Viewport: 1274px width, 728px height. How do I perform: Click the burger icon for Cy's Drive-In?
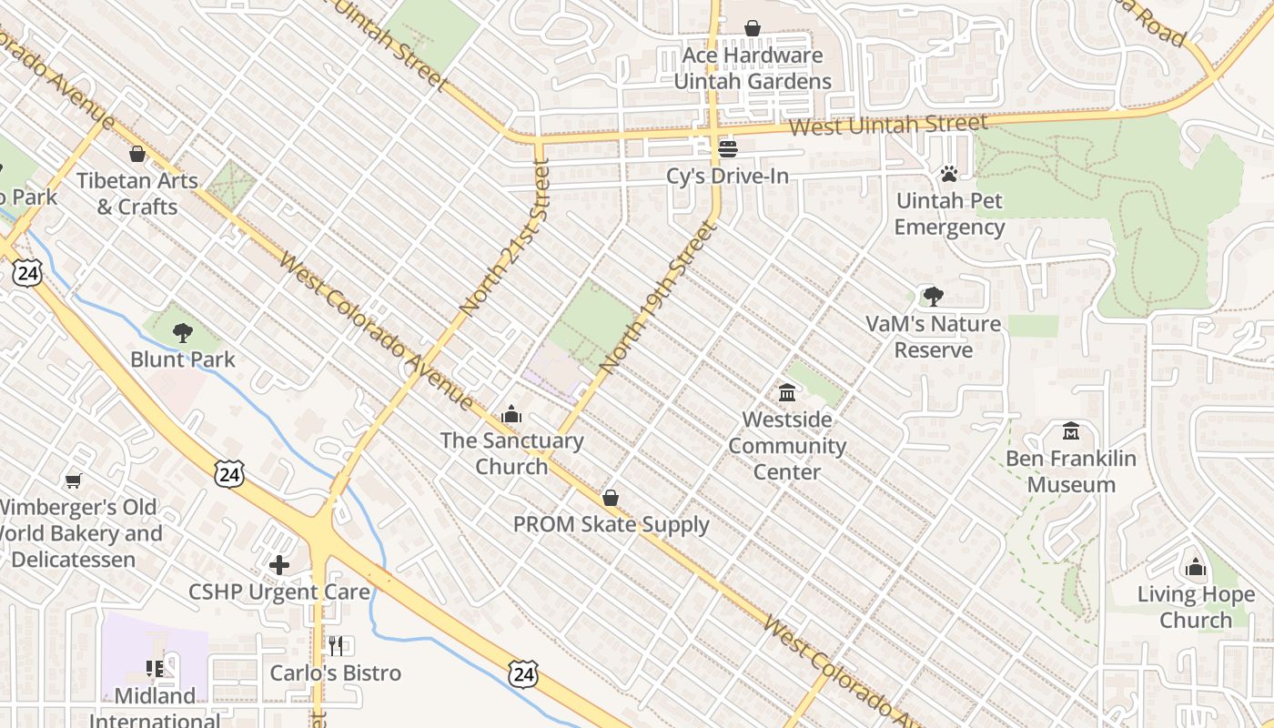tap(727, 148)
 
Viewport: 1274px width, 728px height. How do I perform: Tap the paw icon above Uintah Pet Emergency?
tap(949, 173)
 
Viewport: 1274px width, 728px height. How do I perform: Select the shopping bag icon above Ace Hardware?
tap(753, 28)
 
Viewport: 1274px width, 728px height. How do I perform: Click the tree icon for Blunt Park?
tap(183, 332)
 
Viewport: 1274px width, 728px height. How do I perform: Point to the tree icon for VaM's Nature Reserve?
tap(933, 296)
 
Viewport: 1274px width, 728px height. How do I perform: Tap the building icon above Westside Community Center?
tap(787, 392)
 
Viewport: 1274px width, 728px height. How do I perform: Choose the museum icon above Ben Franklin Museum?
tap(1071, 430)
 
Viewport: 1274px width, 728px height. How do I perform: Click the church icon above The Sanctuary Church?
tap(511, 414)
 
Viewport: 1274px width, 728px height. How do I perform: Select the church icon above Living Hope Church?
tap(1196, 568)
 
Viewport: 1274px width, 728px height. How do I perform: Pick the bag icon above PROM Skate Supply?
tap(611, 498)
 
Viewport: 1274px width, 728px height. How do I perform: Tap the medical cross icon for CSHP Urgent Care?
tap(279, 565)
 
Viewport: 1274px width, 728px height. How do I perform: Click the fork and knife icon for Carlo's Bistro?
tap(336, 646)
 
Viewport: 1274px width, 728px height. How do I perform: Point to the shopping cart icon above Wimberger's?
tap(73, 480)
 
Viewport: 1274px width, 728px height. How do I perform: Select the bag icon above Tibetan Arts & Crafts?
tap(137, 154)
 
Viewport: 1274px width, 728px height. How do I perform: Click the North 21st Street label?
tap(505, 238)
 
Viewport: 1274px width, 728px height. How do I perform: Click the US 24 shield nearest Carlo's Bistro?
tap(522, 674)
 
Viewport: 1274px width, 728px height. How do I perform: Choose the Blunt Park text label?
tap(183, 359)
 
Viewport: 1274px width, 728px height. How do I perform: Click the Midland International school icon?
tap(155, 670)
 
